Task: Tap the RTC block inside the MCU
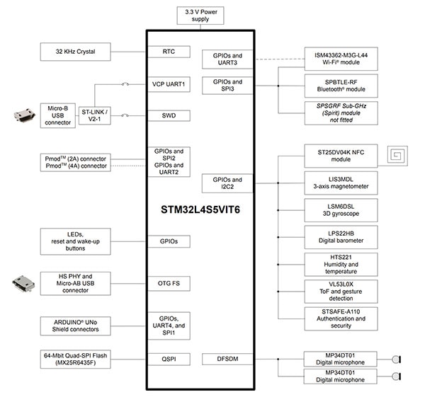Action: click(169, 52)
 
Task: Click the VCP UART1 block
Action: click(169, 84)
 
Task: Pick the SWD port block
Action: click(169, 116)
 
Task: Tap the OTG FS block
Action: click(169, 283)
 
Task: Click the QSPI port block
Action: click(169, 359)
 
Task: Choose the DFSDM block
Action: click(227, 359)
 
